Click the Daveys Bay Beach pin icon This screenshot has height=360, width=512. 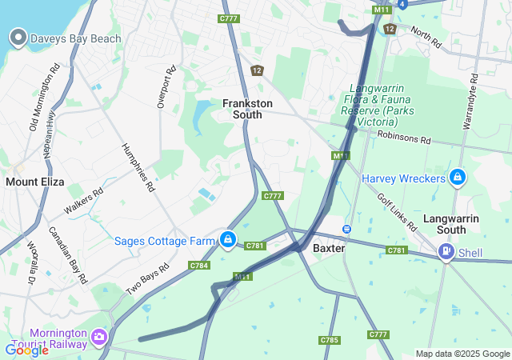click(x=18, y=38)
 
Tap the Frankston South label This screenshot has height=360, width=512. click(x=247, y=109)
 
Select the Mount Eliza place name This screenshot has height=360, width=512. click(x=34, y=182)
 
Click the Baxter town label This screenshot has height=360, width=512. click(x=328, y=248)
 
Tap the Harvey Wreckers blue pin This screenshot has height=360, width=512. click(x=458, y=177)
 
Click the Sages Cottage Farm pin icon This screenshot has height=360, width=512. click(x=228, y=239)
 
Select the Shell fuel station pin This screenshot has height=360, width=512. click(x=446, y=253)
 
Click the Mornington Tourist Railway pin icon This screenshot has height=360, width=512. click(x=100, y=337)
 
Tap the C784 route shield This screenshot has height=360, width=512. click(x=199, y=265)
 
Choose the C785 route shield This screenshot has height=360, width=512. click(x=329, y=340)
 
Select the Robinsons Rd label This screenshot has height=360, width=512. click(x=404, y=139)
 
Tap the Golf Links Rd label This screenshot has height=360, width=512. click(x=397, y=212)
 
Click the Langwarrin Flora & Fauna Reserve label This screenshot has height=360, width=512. click(x=373, y=106)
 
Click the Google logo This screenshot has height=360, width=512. click(x=26, y=350)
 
